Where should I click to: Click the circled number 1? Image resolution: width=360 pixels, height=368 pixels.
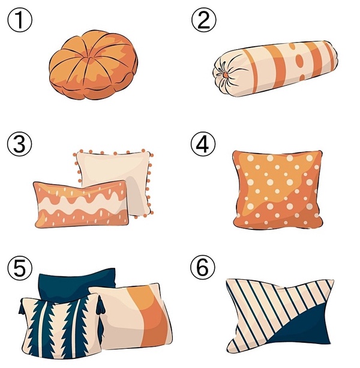[19, 20]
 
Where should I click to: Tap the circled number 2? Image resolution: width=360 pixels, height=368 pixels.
[204, 20]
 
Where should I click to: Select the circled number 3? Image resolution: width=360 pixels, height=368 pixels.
[19, 144]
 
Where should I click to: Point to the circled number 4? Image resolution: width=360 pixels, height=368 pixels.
[203, 144]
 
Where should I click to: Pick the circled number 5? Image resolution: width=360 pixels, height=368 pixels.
[19, 268]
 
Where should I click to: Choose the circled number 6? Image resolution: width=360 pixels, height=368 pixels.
[203, 268]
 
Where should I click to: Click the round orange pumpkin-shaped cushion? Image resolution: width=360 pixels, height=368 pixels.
[94, 65]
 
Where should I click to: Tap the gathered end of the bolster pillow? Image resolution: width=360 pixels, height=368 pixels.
[224, 74]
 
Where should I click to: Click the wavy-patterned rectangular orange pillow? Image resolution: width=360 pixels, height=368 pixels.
[81, 204]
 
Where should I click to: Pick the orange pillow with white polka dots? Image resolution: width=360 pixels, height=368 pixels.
[278, 190]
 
